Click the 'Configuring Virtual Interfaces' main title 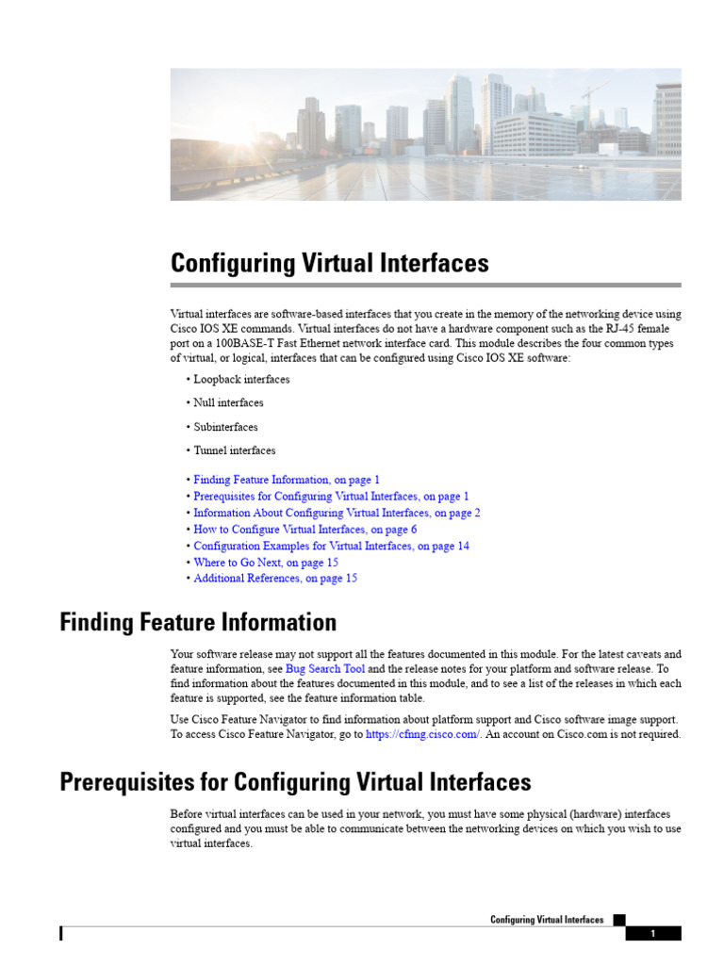(x=329, y=263)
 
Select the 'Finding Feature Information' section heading (x=198, y=623)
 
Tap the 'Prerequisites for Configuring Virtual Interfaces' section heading (x=295, y=782)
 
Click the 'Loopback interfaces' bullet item (x=241, y=379)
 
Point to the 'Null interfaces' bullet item (x=228, y=402)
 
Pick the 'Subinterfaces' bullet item (x=225, y=427)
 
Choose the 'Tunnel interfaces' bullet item (x=235, y=450)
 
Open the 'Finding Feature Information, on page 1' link (x=287, y=480)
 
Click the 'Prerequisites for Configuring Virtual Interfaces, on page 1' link (x=331, y=496)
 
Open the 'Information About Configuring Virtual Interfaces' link (x=337, y=513)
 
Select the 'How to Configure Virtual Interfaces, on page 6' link (x=304, y=530)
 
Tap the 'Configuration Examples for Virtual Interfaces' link (x=331, y=546)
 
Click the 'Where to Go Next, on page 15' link (x=266, y=563)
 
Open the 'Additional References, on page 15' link (x=275, y=579)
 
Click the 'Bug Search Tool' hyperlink (x=325, y=668)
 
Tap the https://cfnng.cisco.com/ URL (x=423, y=734)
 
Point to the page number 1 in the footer (x=652, y=934)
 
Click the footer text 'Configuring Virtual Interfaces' (x=547, y=920)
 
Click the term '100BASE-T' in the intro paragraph (x=246, y=344)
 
